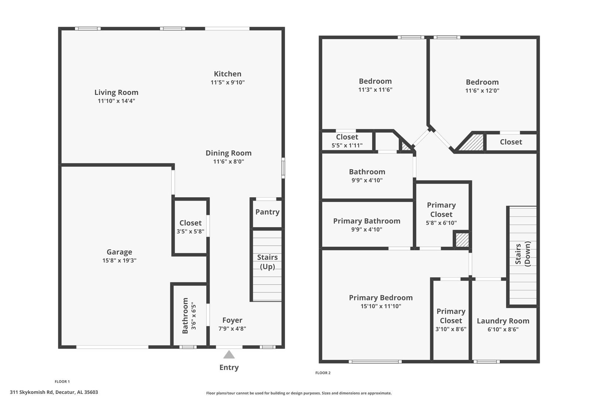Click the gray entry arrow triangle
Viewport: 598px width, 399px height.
(229, 355)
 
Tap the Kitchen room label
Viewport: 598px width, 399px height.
(227, 74)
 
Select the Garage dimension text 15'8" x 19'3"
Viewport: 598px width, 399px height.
(119, 260)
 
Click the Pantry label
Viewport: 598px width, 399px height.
(267, 212)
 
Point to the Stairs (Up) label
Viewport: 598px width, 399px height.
(267, 262)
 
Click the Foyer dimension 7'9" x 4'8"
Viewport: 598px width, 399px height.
(232, 328)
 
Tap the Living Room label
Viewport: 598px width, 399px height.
(116, 92)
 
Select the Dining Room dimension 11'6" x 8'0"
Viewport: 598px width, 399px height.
(228, 161)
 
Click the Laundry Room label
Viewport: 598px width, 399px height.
(503, 321)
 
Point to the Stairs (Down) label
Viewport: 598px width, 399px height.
(523, 253)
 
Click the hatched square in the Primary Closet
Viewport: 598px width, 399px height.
(462, 240)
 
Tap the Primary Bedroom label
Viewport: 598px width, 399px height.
(381, 298)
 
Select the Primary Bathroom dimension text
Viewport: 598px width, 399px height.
(367, 229)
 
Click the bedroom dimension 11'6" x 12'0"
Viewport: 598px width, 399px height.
(482, 91)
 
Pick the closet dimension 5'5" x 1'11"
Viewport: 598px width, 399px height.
(347, 146)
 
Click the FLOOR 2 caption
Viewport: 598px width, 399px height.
(323, 373)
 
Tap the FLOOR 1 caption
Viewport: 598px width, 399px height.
(62, 382)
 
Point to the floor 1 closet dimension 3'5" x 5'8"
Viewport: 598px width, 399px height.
(190, 231)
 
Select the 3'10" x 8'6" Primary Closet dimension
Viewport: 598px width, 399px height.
(451, 329)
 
